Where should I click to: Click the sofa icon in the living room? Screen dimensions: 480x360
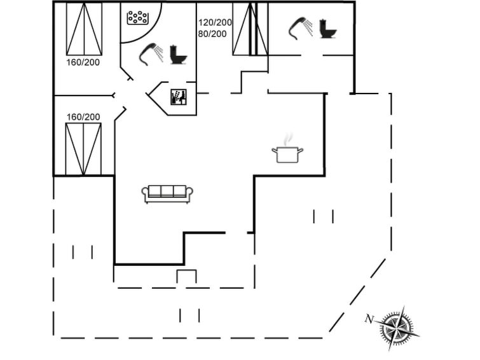(x=167, y=194)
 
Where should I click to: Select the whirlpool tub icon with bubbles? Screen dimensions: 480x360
(x=138, y=18)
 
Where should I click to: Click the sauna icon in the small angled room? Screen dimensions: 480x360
(x=179, y=97)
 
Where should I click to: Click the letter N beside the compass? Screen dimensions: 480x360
(x=369, y=319)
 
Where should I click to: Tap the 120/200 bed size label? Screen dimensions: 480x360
(x=215, y=22)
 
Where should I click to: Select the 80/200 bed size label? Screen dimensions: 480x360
(x=212, y=34)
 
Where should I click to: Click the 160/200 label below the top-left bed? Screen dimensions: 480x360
(x=83, y=62)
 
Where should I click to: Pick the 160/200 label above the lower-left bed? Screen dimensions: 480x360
(x=83, y=117)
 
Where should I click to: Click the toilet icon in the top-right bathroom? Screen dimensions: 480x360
(x=327, y=29)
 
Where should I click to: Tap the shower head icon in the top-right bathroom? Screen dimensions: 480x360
(x=301, y=29)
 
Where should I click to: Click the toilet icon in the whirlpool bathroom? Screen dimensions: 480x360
(x=178, y=55)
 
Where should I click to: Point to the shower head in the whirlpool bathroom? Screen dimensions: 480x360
(x=151, y=55)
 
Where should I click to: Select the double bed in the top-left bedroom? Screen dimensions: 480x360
(x=84, y=29)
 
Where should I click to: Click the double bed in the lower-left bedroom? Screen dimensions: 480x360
(x=83, y=149)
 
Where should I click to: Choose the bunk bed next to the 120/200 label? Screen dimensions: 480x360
(x=250, y=29)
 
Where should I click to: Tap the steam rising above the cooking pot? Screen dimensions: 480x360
(x=287, y=139)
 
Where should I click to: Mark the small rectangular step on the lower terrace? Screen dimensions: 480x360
(x=186, y=276)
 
